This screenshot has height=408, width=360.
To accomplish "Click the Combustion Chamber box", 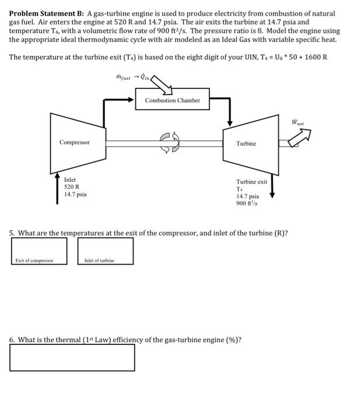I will pyautogui.click(x=172, y=100).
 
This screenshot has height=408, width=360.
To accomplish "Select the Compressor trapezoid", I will pyautogui.click(x=76, y=142).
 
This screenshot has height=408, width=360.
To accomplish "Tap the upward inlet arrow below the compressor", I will pyautogui.click(x=57, y=187).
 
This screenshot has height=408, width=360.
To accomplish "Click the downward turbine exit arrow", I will pyautogui.click(x=271, y=187).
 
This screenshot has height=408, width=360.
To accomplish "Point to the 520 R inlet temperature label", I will pyautogui.click(x=72, y=187).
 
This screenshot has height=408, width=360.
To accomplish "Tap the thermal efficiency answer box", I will pyautogui.click(x=72, y=357).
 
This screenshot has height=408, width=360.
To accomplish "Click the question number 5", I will pyautogui.click(x=12, y=233).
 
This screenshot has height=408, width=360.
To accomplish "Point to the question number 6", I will pyautogui.click(x=12, y=339).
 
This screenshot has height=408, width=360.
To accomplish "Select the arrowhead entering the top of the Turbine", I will pyautogui.click(x=230, y=122).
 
